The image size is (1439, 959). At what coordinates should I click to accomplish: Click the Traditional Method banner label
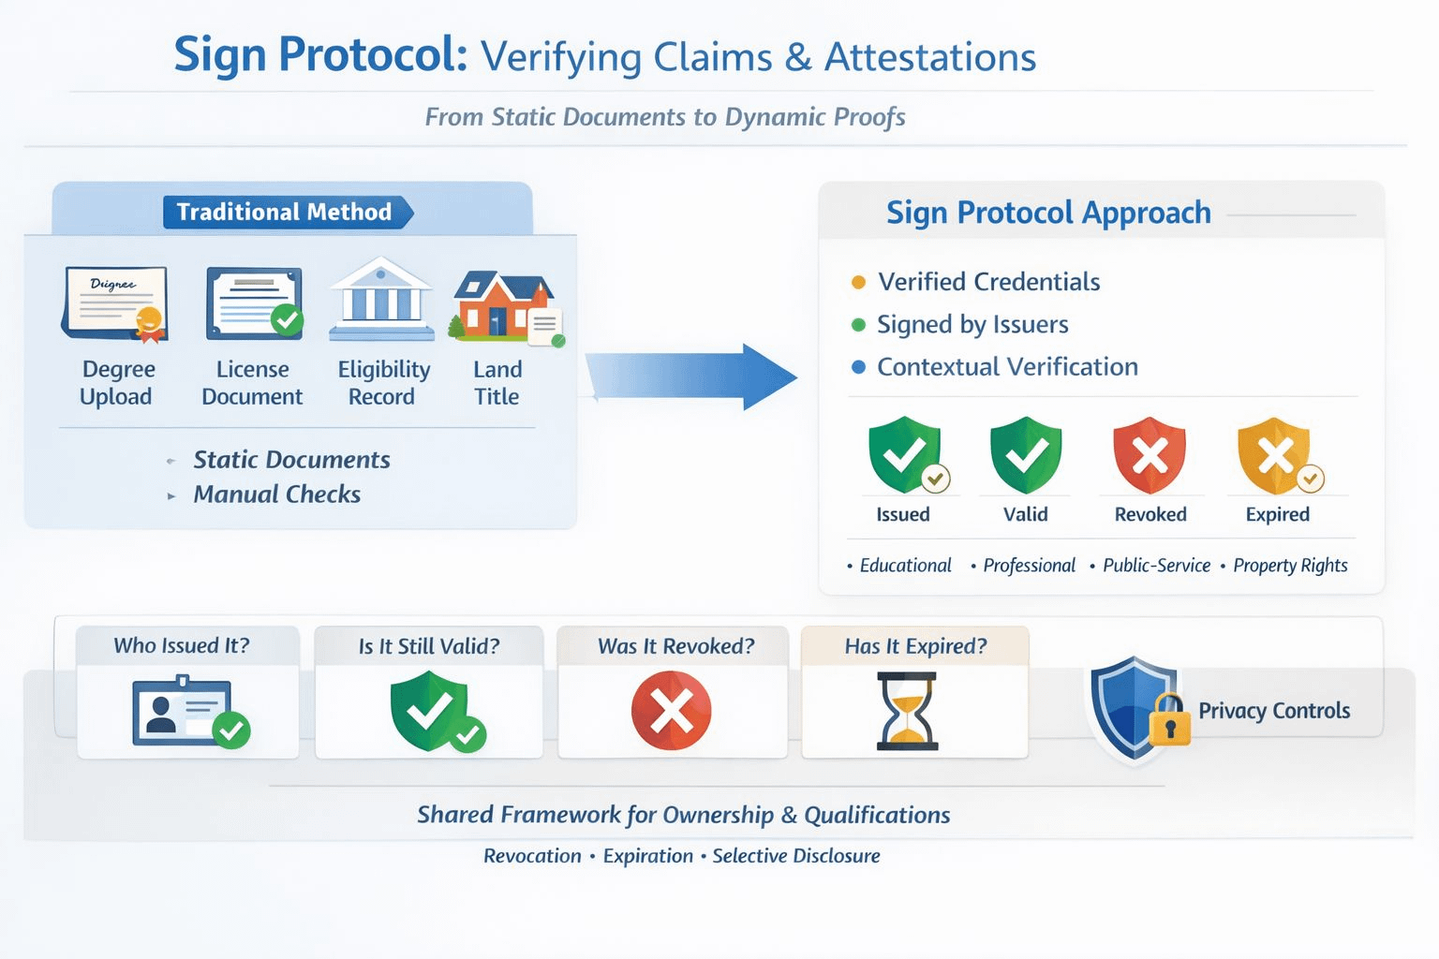click(x=285, y=212)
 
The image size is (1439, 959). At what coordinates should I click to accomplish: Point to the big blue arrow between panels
click(x=693, y=376)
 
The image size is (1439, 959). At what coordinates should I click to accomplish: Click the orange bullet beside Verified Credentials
click(x=858, y=282)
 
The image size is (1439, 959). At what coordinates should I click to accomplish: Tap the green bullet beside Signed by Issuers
click(x=858, y=325)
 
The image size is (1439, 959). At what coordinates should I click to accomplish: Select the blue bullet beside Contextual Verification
click(x=858, y=367)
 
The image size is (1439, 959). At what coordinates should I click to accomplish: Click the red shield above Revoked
click(x=1150, y=455)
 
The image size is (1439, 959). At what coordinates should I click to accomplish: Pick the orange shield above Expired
click(x=1274, y=455)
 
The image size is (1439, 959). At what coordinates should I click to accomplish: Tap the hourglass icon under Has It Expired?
click(x=906, y=711)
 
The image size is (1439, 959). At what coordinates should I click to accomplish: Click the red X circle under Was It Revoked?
click(x=671, y=711)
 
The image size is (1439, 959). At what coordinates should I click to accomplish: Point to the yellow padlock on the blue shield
click(x=1169, y=722)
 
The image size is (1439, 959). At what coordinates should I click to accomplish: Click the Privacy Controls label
click(x=1274, y=711)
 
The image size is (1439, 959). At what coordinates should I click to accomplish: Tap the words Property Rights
click(x=1290, y=566)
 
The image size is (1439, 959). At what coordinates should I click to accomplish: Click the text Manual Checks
click(x=276, y=494)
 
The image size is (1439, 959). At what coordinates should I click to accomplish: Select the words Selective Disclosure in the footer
click(x=796, y=856)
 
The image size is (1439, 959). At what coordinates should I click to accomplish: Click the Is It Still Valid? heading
click(x=429, y=646)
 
